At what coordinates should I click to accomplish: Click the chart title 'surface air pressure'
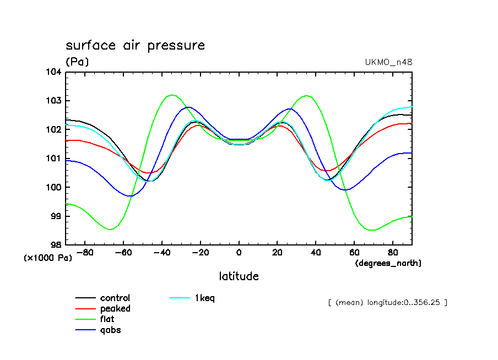(135, 45)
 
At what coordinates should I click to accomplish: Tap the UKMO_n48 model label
(388, 62)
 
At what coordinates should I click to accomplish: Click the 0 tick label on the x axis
(239, 253)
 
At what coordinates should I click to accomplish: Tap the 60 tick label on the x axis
(354, 253)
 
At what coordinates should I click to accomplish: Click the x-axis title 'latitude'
(239, 276)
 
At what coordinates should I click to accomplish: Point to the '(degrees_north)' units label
(388, 263)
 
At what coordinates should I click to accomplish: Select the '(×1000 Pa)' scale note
(48, 257)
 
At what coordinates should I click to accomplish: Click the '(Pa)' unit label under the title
(77, 62)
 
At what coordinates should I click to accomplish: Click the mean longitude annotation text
(387, 302)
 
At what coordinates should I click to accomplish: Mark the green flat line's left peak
(172, 95)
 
